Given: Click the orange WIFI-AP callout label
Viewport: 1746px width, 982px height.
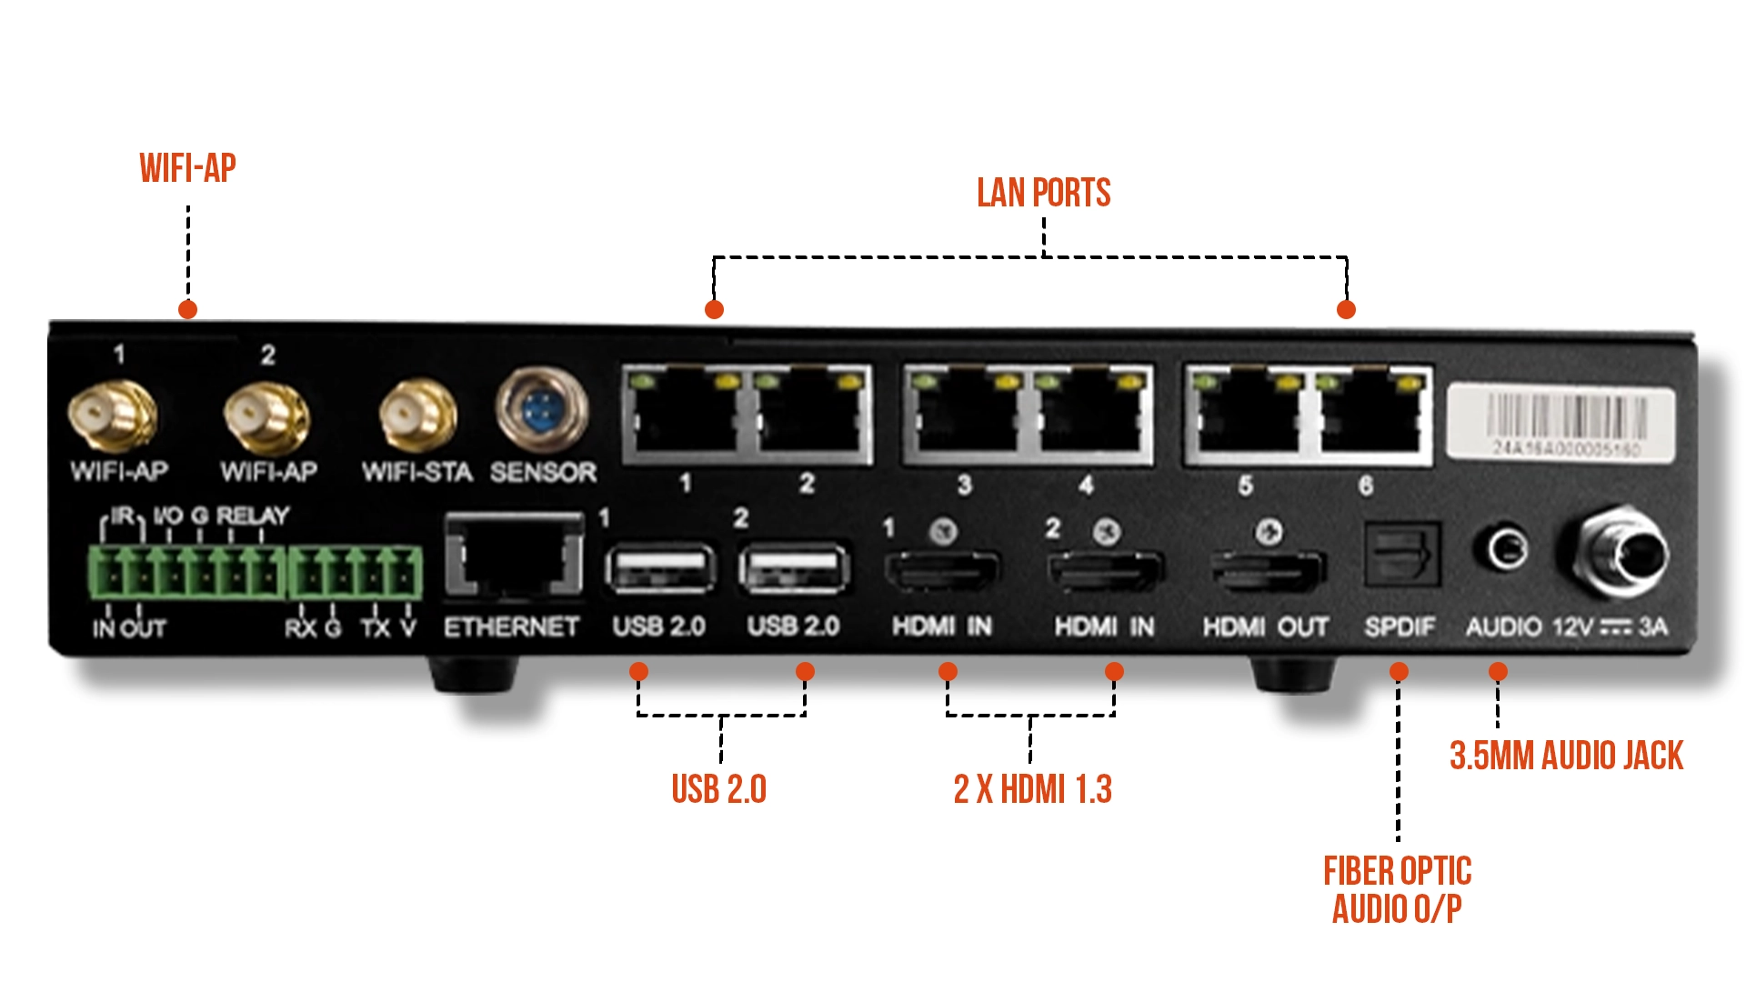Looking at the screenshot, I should (187, 168).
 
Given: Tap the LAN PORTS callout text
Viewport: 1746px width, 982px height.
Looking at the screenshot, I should (1043, 193).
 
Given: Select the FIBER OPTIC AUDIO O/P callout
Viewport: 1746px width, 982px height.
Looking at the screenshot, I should (1397, 890).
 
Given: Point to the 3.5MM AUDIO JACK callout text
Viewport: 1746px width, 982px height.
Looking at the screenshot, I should (1566, 756).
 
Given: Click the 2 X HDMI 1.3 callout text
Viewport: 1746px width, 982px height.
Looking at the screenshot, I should (1032, 789).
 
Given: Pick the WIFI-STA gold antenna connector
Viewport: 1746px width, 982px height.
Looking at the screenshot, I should (417, 416).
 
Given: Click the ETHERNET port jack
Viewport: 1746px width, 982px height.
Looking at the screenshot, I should (514, 556).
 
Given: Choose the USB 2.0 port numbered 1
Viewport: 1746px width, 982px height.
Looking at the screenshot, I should (659, 569).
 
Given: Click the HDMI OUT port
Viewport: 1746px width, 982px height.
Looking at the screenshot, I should (1268, 571).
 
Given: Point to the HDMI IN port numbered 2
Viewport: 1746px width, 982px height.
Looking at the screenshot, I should (1106, 571).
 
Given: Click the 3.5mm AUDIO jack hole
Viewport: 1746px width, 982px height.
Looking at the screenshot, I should (1506, 549).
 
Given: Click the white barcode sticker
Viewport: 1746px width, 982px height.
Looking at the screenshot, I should (1560, 422).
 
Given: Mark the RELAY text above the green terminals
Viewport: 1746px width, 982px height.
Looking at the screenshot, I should (253, 516).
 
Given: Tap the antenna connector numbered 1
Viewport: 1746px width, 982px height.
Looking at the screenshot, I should (113, 415).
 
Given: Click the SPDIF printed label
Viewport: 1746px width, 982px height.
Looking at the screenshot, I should (1400, 627).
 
